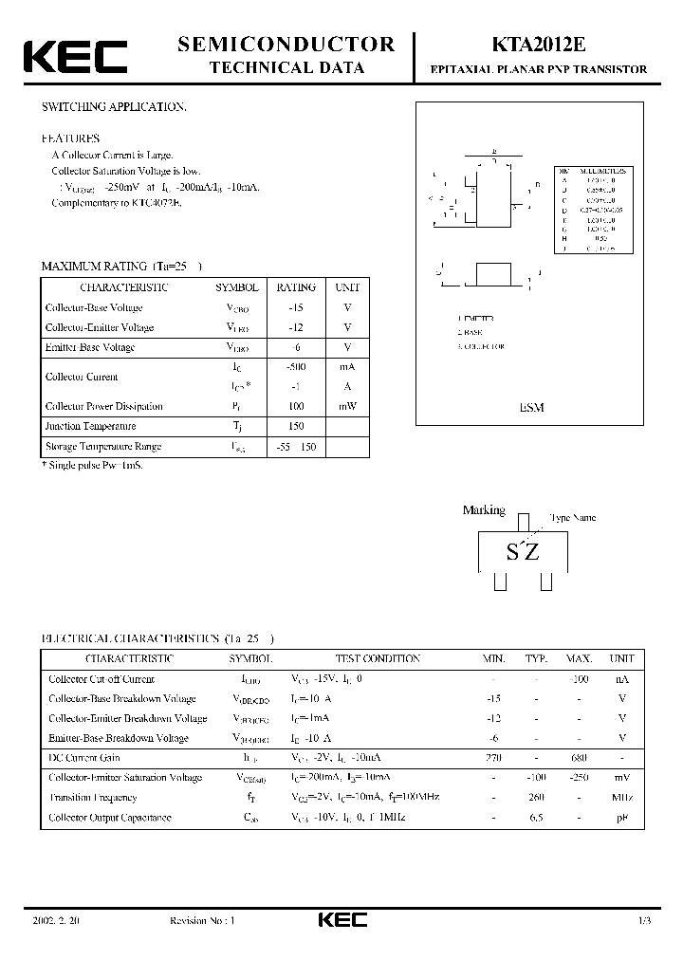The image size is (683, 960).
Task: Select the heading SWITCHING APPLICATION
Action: pyautogui.click(x=114, y=107)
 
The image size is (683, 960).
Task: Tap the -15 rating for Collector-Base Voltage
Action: pyautogui.click(x=296, y=307)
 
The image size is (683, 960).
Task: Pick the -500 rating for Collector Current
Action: pyautogui.click(x=296, y=366)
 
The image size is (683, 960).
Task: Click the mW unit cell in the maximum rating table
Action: pyautogui.click(x=346, y=406)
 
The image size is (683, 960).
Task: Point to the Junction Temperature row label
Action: pyautogui.click(x=91, y=426)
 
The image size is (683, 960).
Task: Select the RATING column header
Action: pyautogui.click(x=296, y=287)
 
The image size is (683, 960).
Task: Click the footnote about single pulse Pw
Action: pyautogui.click(x=92, y=466)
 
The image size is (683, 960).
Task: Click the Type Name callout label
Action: pyautogui.click(x=573, y=519)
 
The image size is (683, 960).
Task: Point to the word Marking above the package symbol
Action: pyautogui.click(x=484, y=510)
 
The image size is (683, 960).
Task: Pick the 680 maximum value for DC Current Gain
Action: pyautogui.click(x=579, y=758)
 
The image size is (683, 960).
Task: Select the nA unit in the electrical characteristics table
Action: pyautogui.click(x=621, y=679)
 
